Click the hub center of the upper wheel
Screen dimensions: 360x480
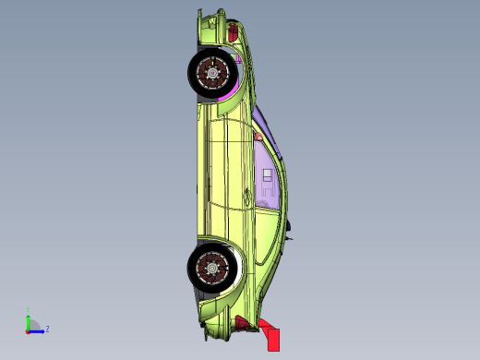(211, 72)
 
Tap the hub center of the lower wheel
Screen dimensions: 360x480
(212, 267)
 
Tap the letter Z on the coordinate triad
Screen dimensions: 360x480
(47, 329)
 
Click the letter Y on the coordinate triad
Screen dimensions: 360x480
(28, 310)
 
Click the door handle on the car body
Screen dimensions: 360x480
(246, 194)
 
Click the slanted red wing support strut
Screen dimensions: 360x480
(261, 326)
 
